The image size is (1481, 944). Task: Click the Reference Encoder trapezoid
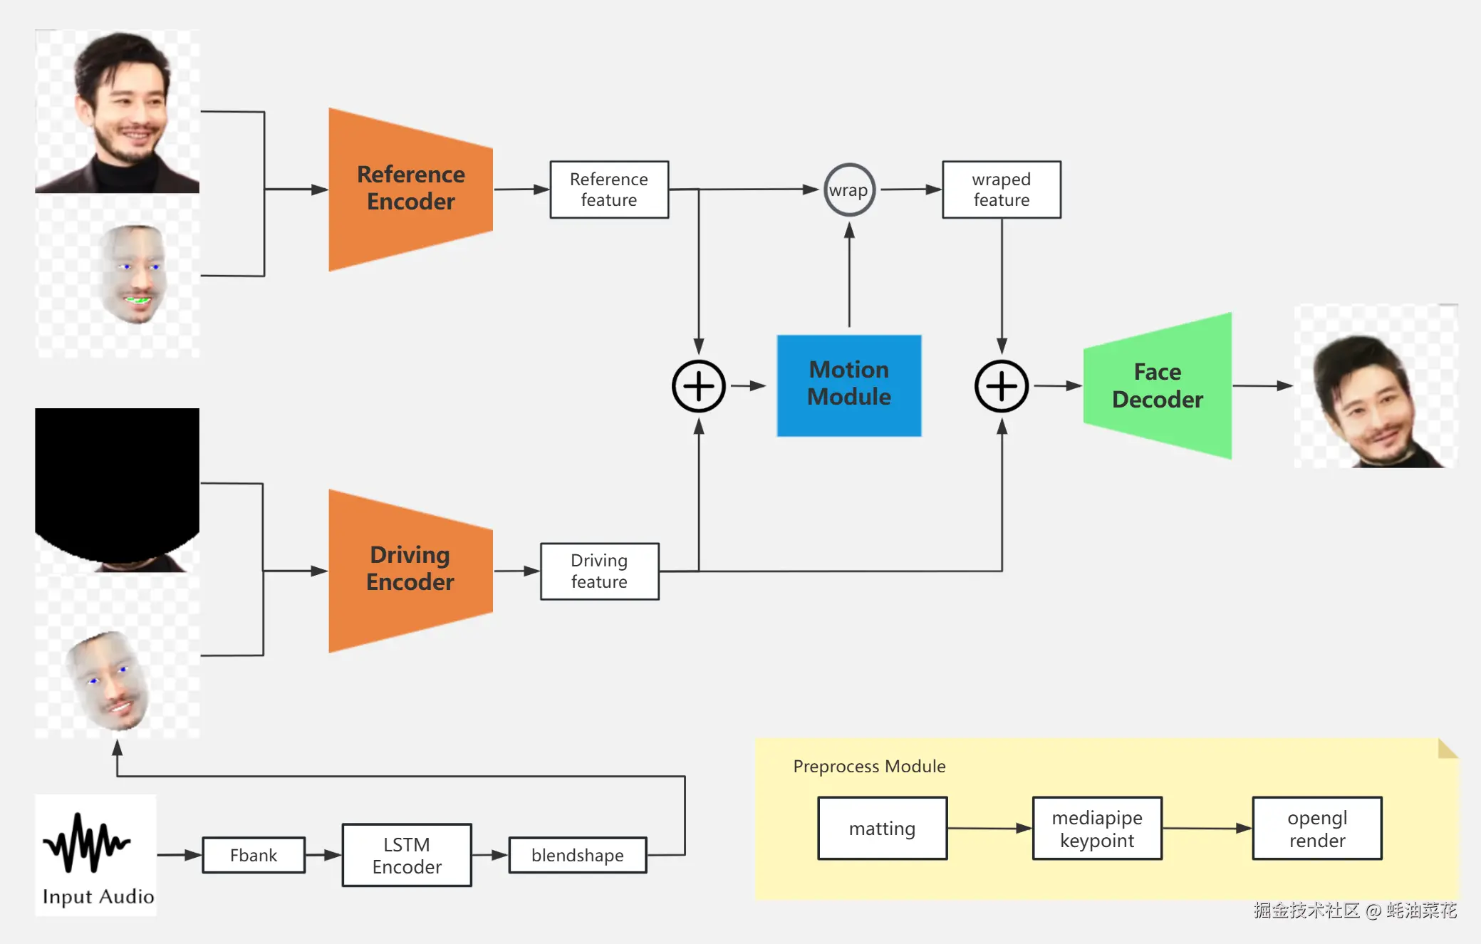[x=410, y=189]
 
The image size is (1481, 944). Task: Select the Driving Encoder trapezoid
[x=410, y=570]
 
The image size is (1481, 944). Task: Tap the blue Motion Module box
[x=848, y=385]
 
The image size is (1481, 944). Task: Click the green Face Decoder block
[x=1158, y=385]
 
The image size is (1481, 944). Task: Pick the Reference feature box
[x=609, y=190]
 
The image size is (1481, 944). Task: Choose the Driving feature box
[x=599, y=571]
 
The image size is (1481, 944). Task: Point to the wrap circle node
[x=849, y=190]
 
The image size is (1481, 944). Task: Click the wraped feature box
[x=1001, y=190]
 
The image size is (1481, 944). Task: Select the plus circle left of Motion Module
[x=699, y=386]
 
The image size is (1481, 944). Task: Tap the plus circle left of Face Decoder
[x=1002, y=386]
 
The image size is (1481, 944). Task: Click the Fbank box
[x=254, y=855]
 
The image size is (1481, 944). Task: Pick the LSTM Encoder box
[x=407, y=855]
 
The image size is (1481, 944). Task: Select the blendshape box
[x=577, y=855]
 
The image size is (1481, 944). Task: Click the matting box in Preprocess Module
[x=882, y=828]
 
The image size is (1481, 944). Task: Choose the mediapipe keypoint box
[x=1097, y=828]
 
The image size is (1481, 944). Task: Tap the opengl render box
[x=1317, y=828]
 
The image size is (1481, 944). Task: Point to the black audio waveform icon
[x=87, y=843]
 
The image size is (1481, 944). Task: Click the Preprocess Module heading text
[x=869, y=767]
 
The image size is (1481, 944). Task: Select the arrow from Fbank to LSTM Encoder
[x=323, y=855]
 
